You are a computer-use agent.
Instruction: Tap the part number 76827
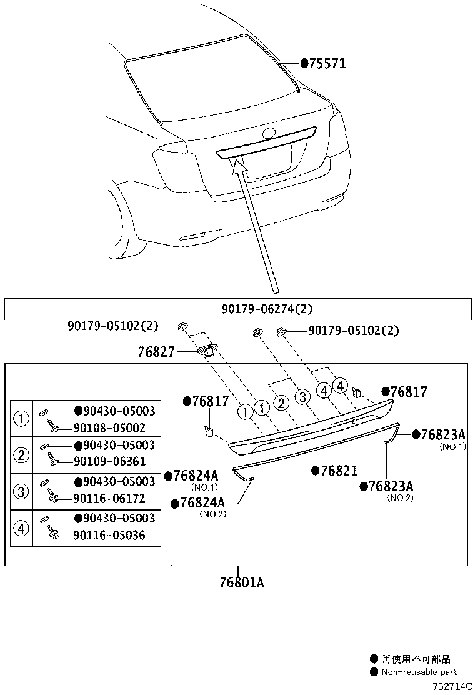pyautogui.click(x=156, y=352)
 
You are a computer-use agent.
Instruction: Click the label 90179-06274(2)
pyautogui.click(x=267, y=309)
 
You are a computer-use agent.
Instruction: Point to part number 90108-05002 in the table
pyautogui.click(x=109, y=428)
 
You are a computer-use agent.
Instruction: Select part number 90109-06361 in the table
pyautogui.click(x=109, y=462)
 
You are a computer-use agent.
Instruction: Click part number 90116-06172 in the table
pyautogui.click(x=109, y=499)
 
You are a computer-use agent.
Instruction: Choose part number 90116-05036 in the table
pyautogui.click(x=109, y=535)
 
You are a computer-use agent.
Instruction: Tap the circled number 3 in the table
pyautogui.click(x=22, y=491)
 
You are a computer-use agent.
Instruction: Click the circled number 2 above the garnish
pyautogui.click(x=282, y=403)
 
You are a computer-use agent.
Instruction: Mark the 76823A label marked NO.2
pyautogui.click(x=391, y=486)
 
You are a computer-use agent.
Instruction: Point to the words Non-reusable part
pyautogui.click(x=419, y=672)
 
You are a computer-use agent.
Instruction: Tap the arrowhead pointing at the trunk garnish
pyautogui.click(x=237, y=165)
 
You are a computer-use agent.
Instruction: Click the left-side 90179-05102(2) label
pyautogui.click(x=113, y=326)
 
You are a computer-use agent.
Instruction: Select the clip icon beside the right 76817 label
pyautogui.click(x=359, y=391)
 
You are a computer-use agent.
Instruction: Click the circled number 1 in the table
pyautogui.click(x=22, y=419)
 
